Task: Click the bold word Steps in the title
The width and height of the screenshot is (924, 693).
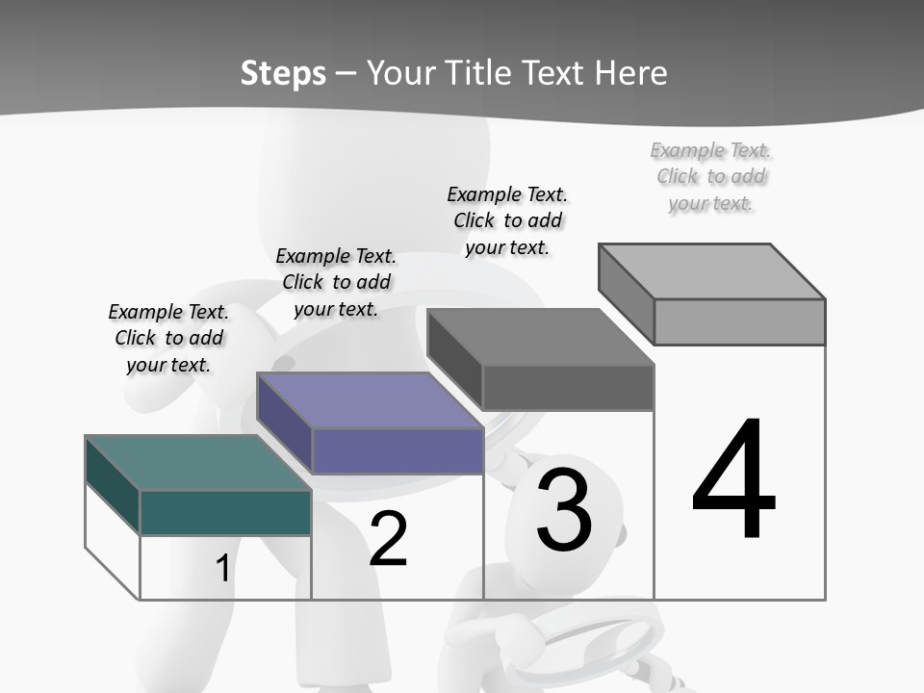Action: click(283, 73)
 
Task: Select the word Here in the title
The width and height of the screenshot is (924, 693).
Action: click(631, 73)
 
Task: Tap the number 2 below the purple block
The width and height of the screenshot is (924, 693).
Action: click(388, 539)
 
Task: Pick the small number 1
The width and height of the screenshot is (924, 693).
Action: click(222, 568)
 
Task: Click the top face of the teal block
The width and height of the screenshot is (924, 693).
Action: click(197, 463)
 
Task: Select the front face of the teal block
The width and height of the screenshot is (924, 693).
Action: click(225, 512)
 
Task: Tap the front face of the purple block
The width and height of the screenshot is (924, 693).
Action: click(397, 450)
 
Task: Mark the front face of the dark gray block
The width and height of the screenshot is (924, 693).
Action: click(568, 387)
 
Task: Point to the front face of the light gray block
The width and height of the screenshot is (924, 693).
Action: click(739, 321)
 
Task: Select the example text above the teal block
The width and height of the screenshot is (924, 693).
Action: click(168, 338)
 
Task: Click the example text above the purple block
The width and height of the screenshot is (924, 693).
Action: click(336, 282)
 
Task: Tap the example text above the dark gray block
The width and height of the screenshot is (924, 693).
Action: click(507, 220)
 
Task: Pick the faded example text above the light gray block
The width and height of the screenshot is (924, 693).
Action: click(711, 176)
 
